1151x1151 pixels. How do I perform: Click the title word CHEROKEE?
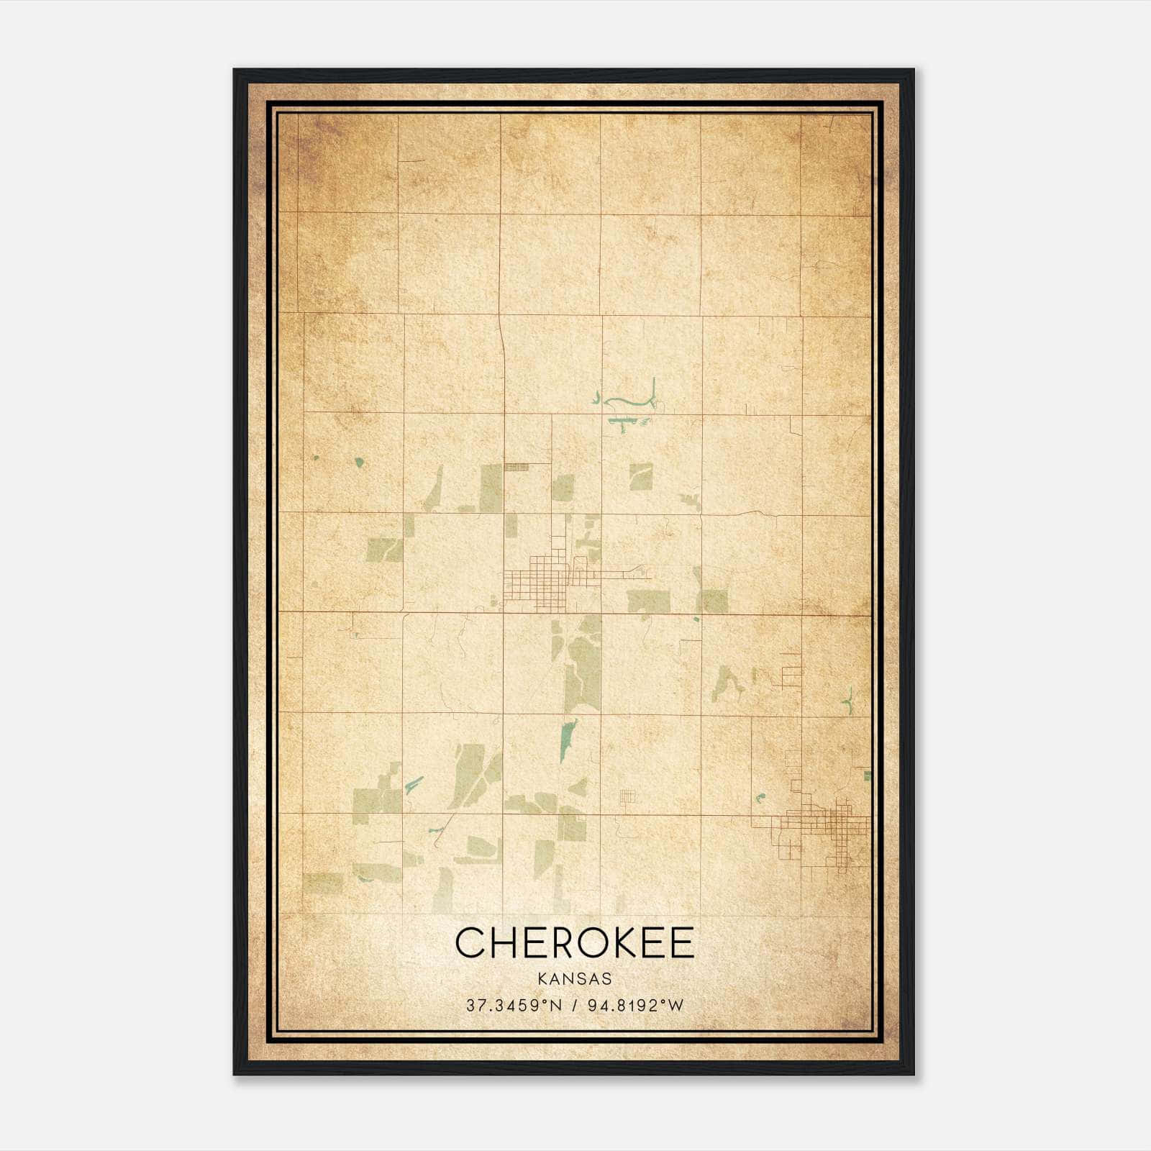click(575, 942)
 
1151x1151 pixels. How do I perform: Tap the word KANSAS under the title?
click(575, 978)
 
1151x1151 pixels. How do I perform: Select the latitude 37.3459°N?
click(514, 1006)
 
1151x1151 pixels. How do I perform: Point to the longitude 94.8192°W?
click(636, 1006)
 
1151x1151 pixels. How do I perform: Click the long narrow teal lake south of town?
click(568, 741)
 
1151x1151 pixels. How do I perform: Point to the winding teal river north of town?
click(629, 400)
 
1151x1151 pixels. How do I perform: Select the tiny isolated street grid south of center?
click(628, 796)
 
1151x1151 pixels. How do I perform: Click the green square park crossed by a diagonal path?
click(640, 477)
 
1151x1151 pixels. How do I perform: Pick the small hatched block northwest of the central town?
click(517, 467)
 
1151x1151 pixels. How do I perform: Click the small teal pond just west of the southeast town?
click(760, 797)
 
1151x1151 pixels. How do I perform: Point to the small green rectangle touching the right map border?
click(868, 775)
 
